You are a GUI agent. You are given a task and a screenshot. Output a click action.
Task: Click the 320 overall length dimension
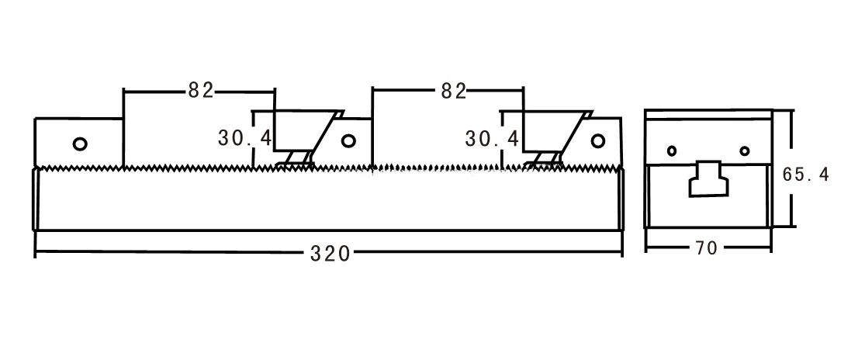click(330, 253)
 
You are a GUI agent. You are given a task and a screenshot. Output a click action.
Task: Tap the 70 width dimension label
click(706, 248)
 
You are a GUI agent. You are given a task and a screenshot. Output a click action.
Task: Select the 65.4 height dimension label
click(805, 175)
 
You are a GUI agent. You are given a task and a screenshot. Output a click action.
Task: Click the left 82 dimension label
click(200, 91)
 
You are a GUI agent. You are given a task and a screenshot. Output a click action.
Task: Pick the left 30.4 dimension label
click(244, 138)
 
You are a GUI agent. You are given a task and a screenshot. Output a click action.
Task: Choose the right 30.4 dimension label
click(492, 138)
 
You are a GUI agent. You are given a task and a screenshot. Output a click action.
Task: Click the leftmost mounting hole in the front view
click(79, 143)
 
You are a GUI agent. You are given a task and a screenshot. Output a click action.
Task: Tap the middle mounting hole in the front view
click(348, 140)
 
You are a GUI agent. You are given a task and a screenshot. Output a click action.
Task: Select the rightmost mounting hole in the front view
click(597, 140)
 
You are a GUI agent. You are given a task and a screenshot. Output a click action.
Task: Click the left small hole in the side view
click(672, 151)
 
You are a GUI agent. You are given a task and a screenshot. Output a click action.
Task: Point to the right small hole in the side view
click(745, 151)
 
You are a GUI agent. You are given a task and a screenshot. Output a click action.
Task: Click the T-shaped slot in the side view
click(708, 178)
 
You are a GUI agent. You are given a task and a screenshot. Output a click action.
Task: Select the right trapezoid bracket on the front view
click(552, 130)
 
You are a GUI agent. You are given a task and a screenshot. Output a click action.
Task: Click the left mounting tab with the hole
click(78, 141)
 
